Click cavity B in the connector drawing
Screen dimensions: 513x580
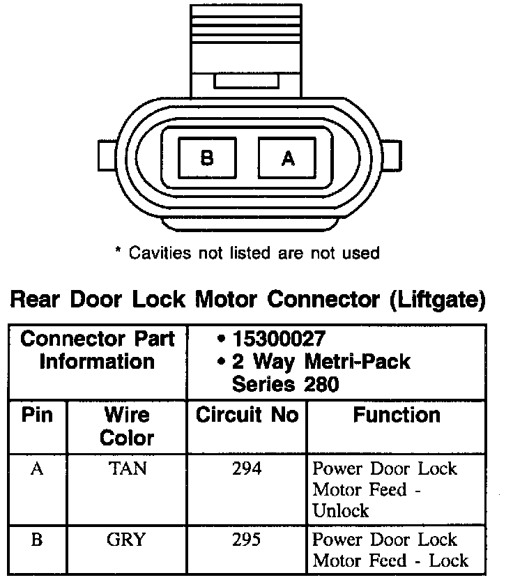coord(207,158)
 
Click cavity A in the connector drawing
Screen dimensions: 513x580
coord(288,158)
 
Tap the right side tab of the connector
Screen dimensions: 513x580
coord(393,158)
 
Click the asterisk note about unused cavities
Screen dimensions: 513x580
coord(247,252)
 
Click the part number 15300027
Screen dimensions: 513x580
coord(279,339)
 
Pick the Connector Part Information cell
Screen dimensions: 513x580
coord(97,351)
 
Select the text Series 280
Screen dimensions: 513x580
coord(286,383)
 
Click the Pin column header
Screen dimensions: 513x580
coord(37,415)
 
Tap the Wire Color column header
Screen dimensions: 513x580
coord(127,426)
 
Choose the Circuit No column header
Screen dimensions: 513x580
coord(247,415)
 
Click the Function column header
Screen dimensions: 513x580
coord(397,415)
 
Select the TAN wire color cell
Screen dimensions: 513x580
coord(127,468)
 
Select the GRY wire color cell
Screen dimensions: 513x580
coord(127,540)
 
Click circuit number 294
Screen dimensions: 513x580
coord(247,468)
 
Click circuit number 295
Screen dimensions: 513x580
coord(247,540)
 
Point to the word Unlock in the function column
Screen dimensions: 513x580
coord(341,510)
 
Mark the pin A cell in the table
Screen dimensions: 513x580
coord(37,468)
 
